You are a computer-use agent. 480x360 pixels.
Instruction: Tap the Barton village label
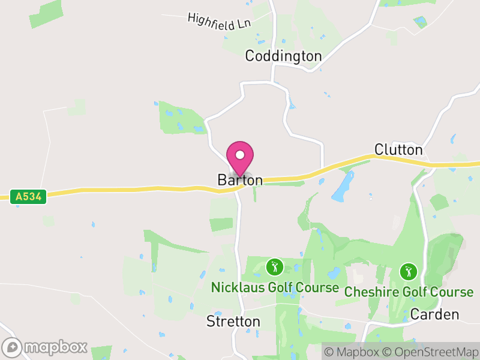[240, 180]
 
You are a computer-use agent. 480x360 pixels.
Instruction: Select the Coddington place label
[283, 56]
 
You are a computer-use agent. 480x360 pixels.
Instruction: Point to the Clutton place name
[398, 149]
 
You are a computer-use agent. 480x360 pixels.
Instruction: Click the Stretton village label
[233, 322]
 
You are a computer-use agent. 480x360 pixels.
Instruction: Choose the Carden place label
[435, 314]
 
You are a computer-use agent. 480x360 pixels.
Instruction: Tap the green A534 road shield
[28, 196]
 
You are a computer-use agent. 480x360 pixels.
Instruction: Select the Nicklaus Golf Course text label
[275, 287]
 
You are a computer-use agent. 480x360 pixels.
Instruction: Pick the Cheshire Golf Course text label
[409, 292]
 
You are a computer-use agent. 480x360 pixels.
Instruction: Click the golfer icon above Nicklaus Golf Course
[275, 266]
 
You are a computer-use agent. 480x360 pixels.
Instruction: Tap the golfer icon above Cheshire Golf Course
[409, 271]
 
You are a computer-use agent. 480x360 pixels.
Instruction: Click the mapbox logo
[46, 347]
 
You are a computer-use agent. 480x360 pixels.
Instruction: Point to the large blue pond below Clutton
[342, 187]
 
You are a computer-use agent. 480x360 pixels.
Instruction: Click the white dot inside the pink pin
[240, 155]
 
